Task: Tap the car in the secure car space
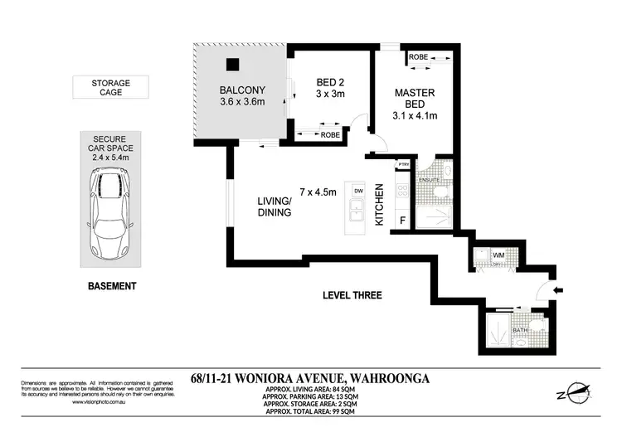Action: coord(110,214)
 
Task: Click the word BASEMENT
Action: coord(111,286)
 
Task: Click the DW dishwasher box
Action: coord(358,192)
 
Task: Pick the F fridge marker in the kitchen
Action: coord(403,221)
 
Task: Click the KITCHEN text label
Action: coord(380,207)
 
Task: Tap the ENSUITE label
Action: coord(428,179)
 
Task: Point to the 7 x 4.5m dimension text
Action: coord(317,192)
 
